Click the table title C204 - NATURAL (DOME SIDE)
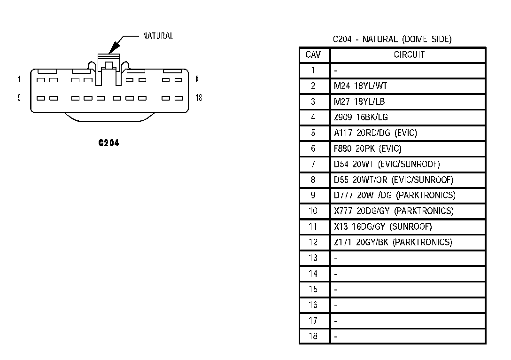(392, 39)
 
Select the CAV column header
(313, 55)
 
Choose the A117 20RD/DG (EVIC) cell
(375, 133)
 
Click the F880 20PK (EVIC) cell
(368, 149)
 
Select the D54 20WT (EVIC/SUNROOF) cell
(387, 164)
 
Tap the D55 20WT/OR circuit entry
(394, 180)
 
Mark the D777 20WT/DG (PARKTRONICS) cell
(395, 195)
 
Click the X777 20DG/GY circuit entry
(394, 211)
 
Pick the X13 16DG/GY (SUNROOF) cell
(383, 227)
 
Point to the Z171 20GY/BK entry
(393, 242)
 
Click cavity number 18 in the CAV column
(313, 336)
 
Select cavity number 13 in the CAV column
(313, 258)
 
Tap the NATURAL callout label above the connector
(158, 36)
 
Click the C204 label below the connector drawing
(108, 143)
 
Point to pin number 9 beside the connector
(19, 98)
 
